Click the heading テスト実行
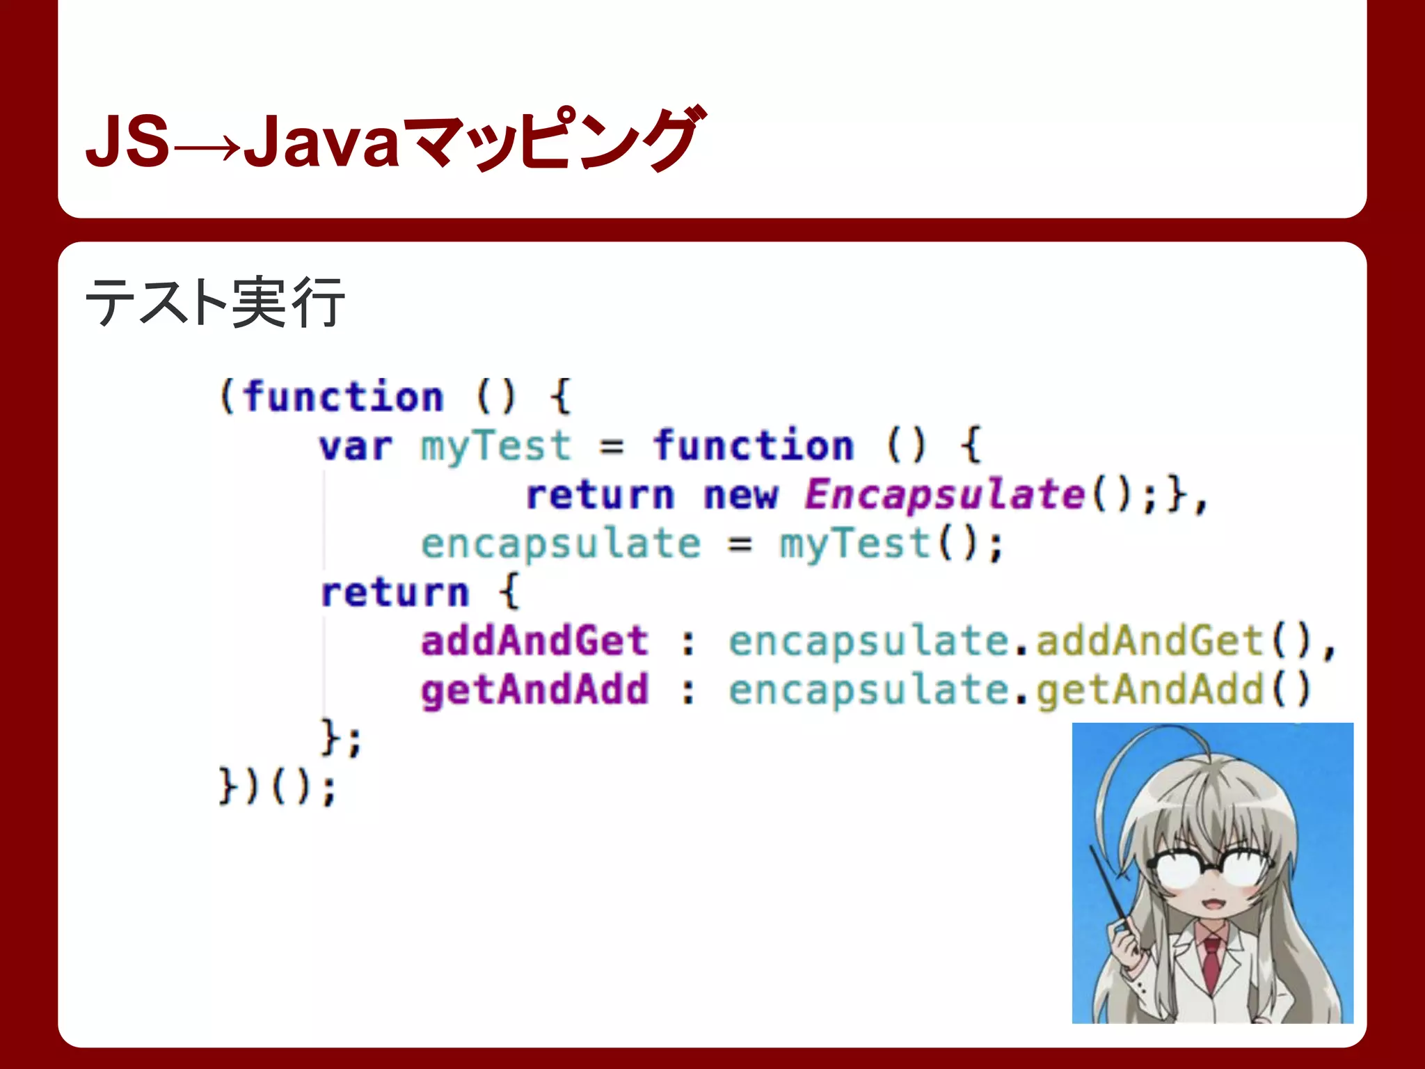tap(214, 302)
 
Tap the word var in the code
tap(356, 447)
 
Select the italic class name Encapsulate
tap(944, 496)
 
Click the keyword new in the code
tap(740, 496)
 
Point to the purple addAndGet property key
tap(534, 641)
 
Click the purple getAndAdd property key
tap(534, 690)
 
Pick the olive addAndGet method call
tap(1149, 641)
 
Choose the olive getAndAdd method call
tap(1149, 690)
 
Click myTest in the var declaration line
tap(495, 447)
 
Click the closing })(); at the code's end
tap(277, 788)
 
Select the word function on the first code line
tap(343, 397)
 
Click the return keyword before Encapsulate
tap(600, 496)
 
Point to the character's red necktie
tap(1211, 964)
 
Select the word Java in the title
tap(321, 143)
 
